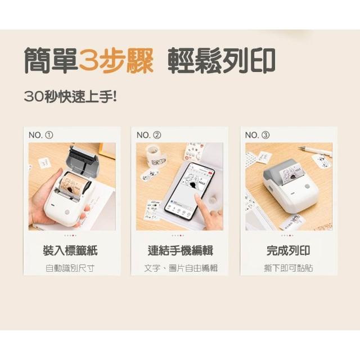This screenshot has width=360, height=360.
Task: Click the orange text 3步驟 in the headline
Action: [116, 60]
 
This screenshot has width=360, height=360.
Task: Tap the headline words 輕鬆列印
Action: [222, 61]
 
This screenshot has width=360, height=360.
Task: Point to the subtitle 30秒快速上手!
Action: [70, 97]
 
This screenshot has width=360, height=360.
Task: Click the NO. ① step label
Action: [41, 135]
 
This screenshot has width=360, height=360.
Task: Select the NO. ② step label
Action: [148, 135]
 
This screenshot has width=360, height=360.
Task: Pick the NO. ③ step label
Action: [258, 135]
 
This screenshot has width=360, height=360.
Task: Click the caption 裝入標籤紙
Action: [70, 250]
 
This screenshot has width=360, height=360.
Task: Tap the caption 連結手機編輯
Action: [181, 250]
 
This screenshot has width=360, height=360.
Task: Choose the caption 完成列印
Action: [289, 250]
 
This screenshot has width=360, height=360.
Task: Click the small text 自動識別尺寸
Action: [70, 268]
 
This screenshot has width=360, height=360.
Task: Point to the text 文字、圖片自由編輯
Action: [181, 268]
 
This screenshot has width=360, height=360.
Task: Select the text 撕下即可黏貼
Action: [289, 268]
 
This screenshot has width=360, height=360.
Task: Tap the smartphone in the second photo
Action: [190, 191]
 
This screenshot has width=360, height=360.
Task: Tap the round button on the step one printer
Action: [67, 211]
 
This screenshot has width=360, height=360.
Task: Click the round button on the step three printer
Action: [307, 186]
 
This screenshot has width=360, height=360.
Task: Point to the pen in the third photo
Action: [315, 151]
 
